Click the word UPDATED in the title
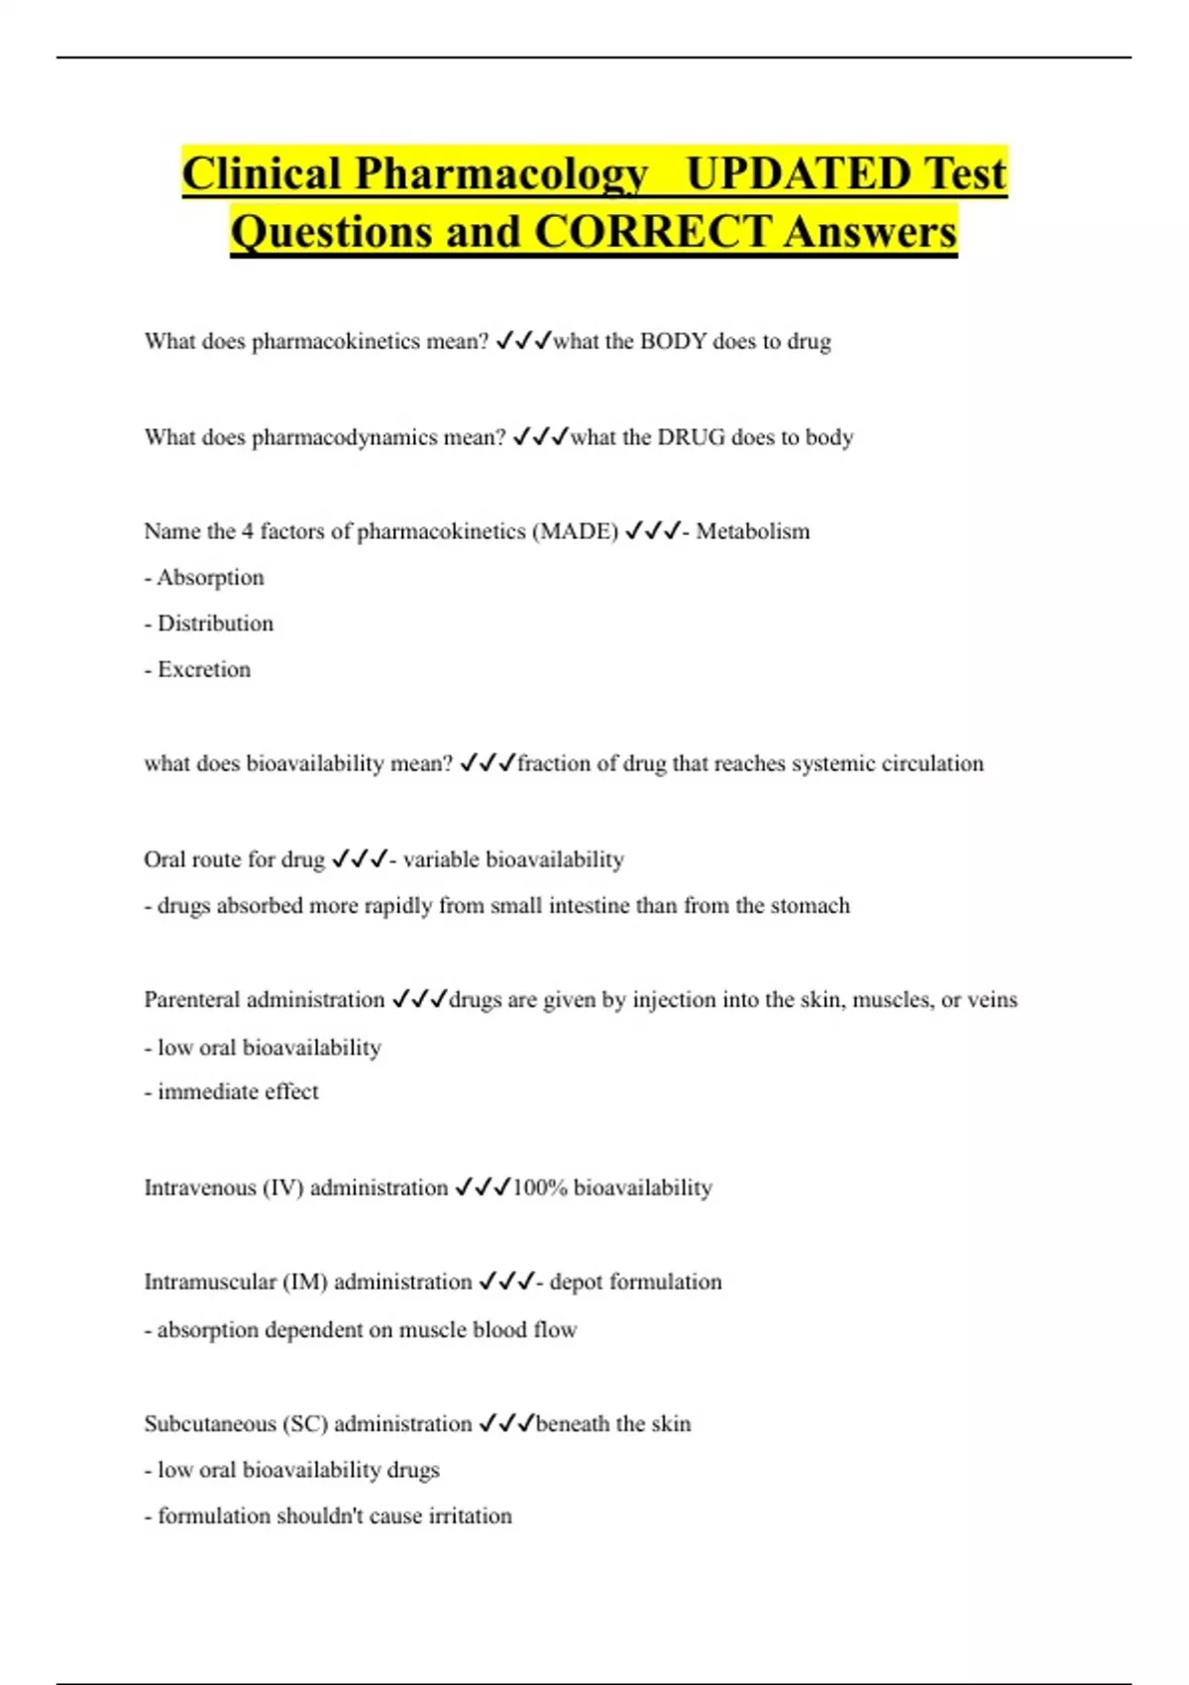pyautogui.click(x=798, y=173)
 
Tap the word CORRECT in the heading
pyautogui.click(x=652, y=232)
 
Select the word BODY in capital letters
pyautogui.click(x=673, y=341)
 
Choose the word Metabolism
pyautogui.click(x=752, y=531)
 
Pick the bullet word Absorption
pyautogui.click(x=210, y=577)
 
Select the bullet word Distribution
pyautogui.click(x=215, y=623)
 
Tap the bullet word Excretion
pyautogui.click(x=204, y=669)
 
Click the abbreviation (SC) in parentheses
pyautogui.click(x=305, y=1423)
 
